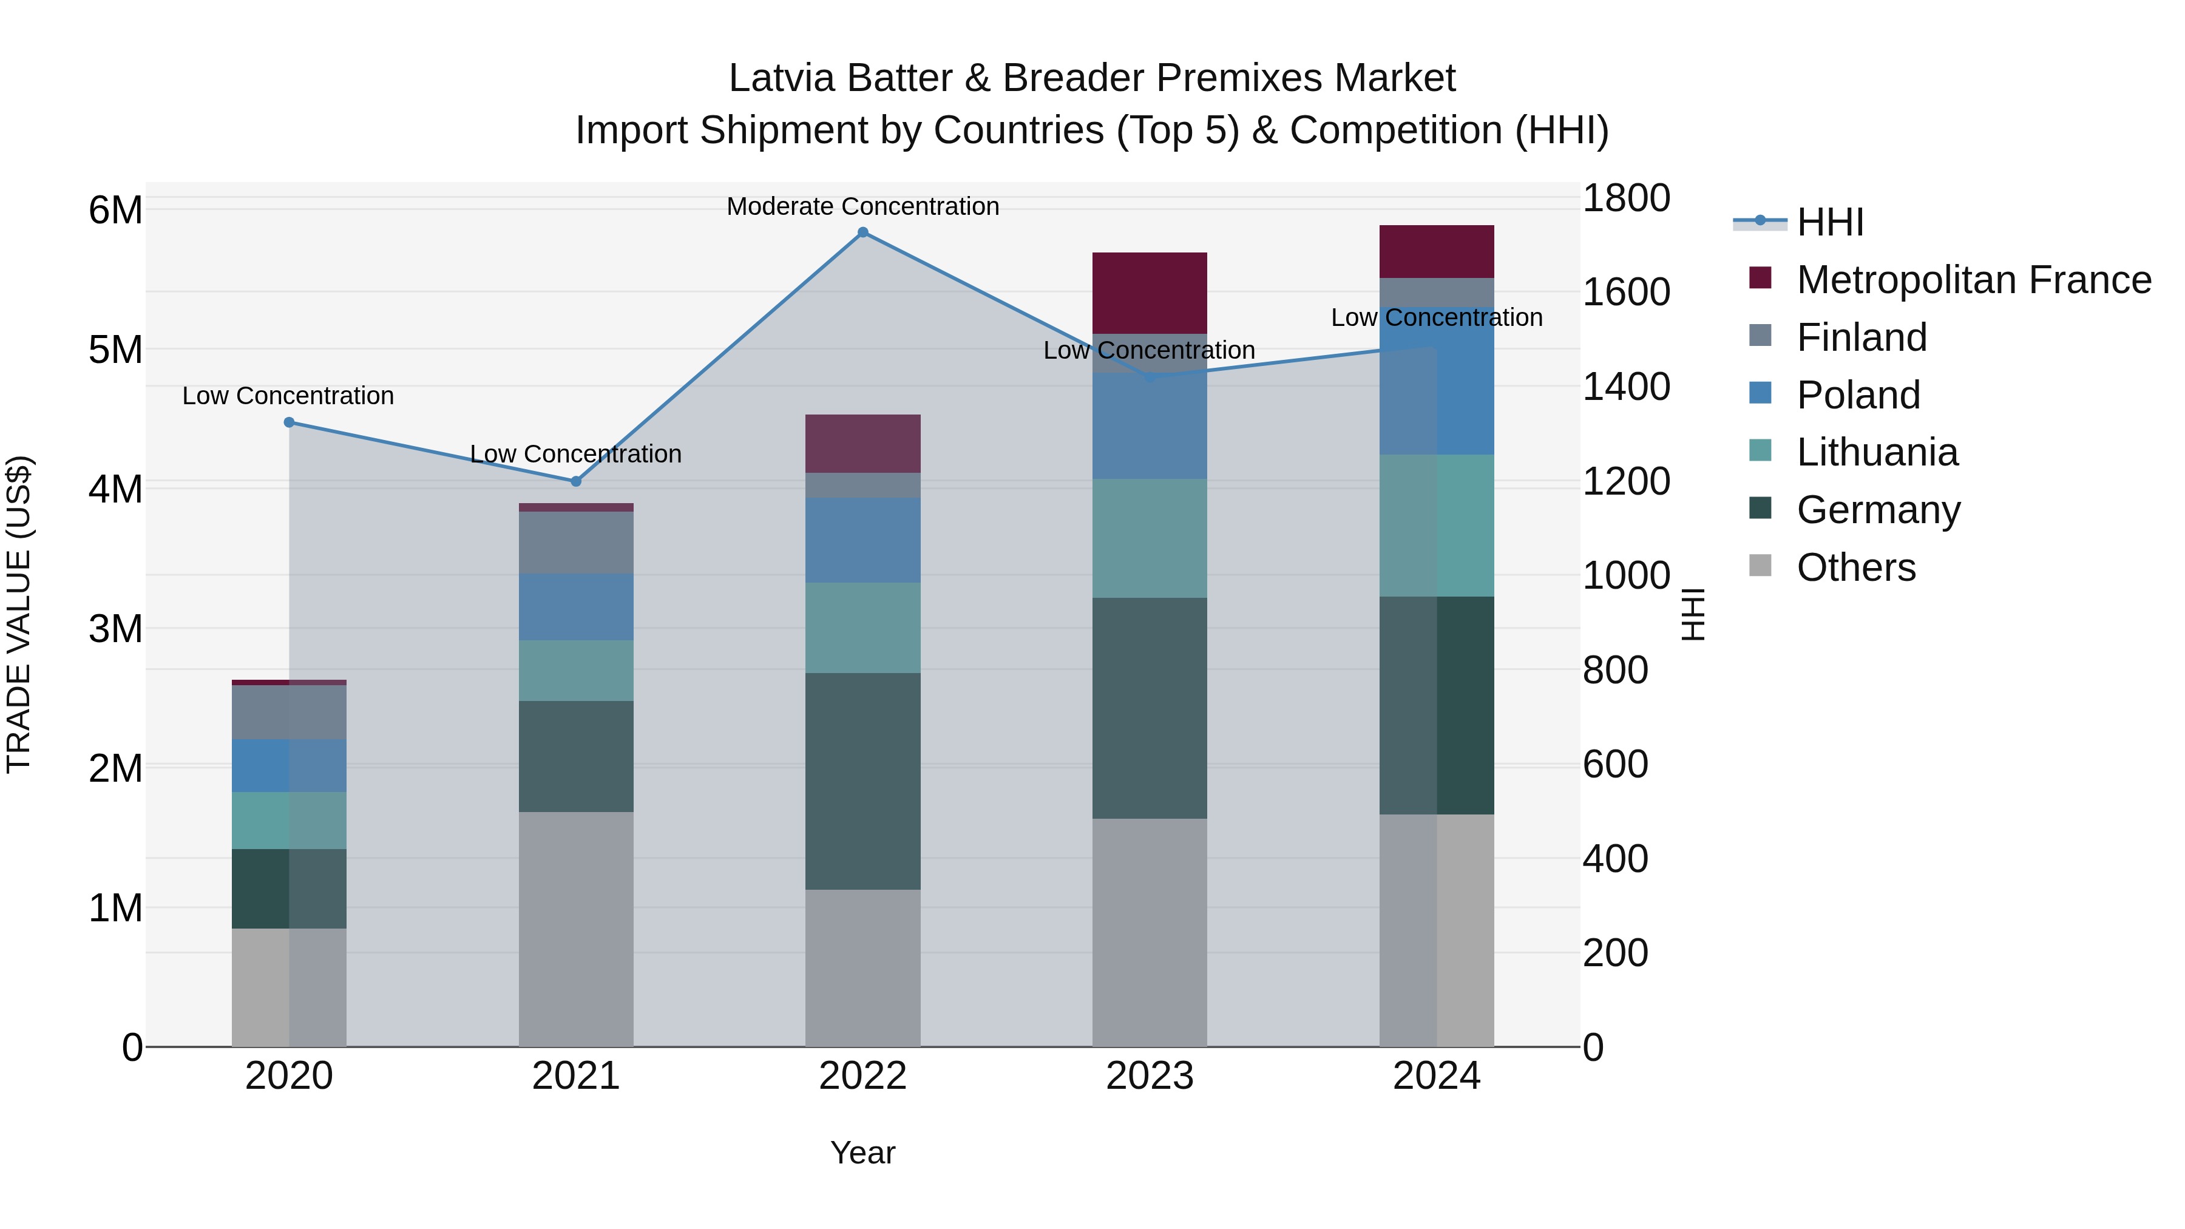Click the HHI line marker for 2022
(x=862, y=232)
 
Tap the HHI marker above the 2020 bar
(x=290, y=422)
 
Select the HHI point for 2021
(x=576, y=482)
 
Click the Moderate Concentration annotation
(x=862, y=206)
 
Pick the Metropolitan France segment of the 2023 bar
(x=1150, y=293)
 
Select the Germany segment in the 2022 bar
(x=862, y=781)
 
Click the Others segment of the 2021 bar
(x=576, y=929)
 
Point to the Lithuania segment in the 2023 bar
(x=1150, y=538)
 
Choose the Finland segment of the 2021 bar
(x=576, y=543)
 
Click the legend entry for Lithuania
(x=1877, y=452)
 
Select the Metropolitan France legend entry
(x=1973, y=280)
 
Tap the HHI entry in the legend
(x=1829, y=222)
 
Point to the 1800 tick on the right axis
(x=1626, y=198)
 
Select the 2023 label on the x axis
(x=1150, y=1076)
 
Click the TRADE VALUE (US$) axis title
(x=19, y=614)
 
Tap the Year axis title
(x=862, y=1153)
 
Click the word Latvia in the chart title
(x=781, y=78)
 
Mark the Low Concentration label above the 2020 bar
(x=288, y=396)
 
